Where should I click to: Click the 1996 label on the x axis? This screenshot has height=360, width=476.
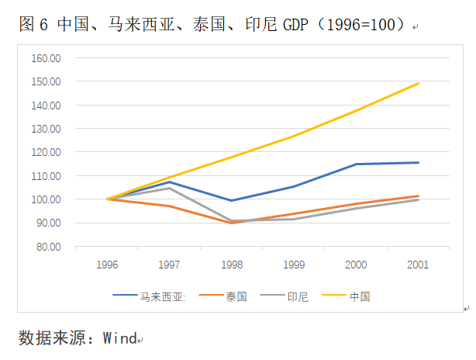[107, 265]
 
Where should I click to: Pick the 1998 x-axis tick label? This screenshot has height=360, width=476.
[232, 265]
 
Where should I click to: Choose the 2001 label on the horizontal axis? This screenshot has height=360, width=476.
[419, 265]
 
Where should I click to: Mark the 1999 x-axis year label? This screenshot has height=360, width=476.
[294, 265]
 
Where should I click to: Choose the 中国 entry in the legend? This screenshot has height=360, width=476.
[359, 296]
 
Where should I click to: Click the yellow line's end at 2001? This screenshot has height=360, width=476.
[419, 83]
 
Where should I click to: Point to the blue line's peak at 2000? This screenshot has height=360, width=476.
[357, 164]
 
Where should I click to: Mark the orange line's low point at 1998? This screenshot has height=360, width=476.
[232, 223]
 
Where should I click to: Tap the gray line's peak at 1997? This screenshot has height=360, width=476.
[170, 188]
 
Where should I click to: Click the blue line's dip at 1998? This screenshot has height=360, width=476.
[232, 201]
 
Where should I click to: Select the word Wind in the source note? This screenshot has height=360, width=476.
[119, 338]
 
